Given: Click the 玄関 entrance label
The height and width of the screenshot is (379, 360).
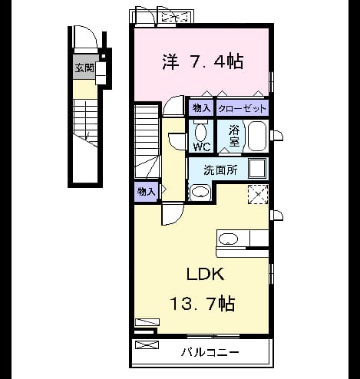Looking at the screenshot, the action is [x=84, y=68].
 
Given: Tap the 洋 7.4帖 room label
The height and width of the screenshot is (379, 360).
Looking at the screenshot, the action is [x=203, y=61].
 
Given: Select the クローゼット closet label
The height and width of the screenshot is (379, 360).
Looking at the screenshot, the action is [x=242, y=109].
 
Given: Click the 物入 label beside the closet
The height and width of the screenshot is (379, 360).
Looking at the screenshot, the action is [x=201, y=108].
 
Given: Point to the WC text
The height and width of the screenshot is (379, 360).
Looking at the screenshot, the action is [x=202, y=147].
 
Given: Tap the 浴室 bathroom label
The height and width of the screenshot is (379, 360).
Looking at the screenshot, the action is [x=234, y=136].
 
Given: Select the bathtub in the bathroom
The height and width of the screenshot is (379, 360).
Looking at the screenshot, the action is [x=257, y=137].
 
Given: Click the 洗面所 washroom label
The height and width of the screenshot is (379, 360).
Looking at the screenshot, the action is [x=220, y=170].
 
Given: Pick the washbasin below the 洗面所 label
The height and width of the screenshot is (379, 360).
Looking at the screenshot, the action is [x=200, y=192].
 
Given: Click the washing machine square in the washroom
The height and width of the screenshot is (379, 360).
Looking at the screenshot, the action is [x=257, y=168].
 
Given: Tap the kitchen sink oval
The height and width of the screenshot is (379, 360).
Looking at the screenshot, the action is [x=228, y=239].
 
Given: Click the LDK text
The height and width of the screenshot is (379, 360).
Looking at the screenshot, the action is [x=206, y=274].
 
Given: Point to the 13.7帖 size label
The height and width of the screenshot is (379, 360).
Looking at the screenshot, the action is [x=202, y=303].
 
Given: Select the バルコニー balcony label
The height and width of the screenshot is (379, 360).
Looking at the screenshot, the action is [x=210, y=353].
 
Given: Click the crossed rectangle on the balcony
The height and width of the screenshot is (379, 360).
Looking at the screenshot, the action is [x=147, y=344].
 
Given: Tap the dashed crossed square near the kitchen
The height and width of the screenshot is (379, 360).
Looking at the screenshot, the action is [x=258, y=194].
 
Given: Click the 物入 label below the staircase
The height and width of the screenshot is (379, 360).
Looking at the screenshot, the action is [x=146, y=191].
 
